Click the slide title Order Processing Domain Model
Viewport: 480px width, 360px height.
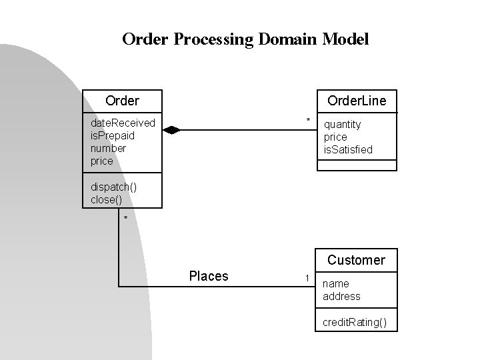point(245,39)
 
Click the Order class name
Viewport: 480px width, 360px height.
point(122,101)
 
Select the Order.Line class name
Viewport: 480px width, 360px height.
point(356,101)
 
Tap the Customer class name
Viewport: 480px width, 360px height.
point(356,260)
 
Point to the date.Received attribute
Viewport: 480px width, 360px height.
point(123,123)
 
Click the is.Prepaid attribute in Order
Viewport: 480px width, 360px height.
point(113,135)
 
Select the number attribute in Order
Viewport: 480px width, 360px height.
point(108,148)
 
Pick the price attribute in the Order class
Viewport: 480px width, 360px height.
point(102,161)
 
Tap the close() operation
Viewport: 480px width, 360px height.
point(107,199)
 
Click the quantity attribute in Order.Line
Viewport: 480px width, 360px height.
point(342,124)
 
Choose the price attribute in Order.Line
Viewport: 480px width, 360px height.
point(335,137)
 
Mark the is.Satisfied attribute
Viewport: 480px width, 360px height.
point(348,149)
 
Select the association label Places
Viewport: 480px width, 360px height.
point(209,276)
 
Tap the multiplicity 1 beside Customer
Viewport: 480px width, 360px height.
point(306,277)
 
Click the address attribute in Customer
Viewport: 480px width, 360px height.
point(341,296)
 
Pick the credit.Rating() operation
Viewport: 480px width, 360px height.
point(354,323)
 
